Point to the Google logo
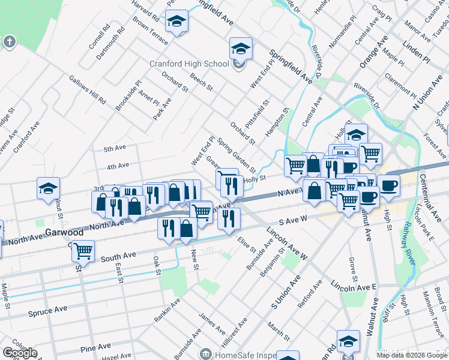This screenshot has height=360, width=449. pyautogui.click(x=20, y=353)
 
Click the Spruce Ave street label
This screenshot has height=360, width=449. pyautogui.click(x=48, y=313)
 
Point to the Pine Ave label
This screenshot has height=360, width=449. pyautogui.click(x=96, y=347)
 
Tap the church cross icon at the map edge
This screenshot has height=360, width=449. pyautogui.click(x=8, y=41)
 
